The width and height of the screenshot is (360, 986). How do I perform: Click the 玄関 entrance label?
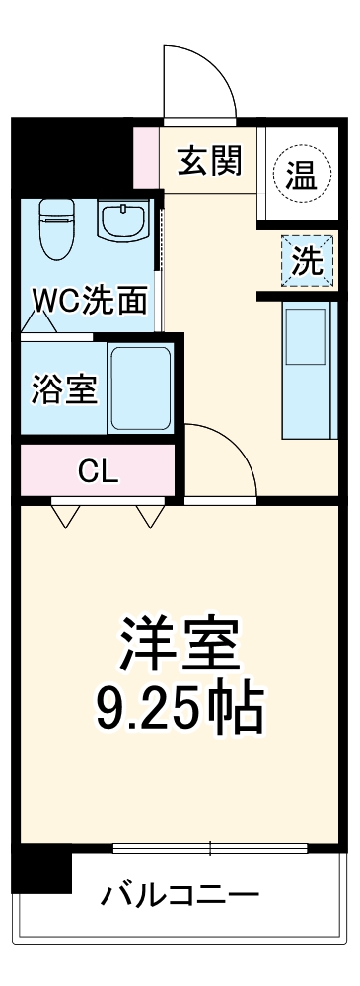point(209,161)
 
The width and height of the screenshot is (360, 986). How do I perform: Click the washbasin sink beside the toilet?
point(122,220)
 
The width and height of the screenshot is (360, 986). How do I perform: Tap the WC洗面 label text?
point(91,301)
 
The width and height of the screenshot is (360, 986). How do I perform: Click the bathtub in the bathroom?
point(140,387)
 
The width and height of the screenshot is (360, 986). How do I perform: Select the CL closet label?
point(98,471)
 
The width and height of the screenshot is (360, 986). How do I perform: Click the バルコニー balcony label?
point(180,896)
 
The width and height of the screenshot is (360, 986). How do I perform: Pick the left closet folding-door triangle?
point(65,516)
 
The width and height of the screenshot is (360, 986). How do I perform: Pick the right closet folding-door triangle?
point(151,516)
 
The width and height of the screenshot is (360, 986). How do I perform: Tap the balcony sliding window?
point(210,848)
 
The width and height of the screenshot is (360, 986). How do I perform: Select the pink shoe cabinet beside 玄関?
point(145,158)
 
